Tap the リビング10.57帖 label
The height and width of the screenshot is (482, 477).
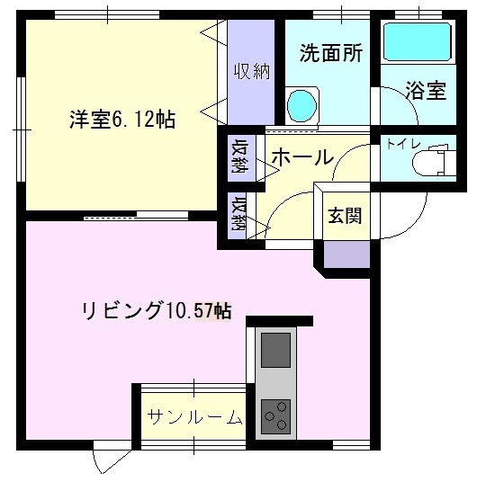point(157,311)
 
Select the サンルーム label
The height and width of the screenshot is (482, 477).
point(194,417)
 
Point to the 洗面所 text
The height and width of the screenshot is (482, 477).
point(331,52)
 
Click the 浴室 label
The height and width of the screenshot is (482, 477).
point(426,91)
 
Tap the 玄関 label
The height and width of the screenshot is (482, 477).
point(345,216)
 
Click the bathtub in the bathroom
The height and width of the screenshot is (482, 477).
point(418,41)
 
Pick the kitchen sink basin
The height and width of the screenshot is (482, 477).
point(276,344)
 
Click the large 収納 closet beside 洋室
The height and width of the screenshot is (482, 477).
point(250,72)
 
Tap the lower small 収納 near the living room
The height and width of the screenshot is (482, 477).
point(238,216)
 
